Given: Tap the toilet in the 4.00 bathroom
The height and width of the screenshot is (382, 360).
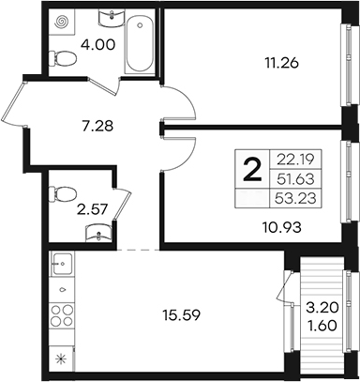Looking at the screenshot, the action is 62,58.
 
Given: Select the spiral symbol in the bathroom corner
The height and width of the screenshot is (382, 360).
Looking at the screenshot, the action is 61,22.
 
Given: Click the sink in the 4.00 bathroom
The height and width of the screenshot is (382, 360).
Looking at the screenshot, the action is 112,17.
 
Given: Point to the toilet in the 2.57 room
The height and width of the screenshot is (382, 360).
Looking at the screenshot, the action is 62,193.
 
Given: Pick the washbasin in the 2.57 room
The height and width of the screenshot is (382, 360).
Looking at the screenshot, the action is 98,233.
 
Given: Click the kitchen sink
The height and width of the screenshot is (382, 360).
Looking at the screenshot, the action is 62,264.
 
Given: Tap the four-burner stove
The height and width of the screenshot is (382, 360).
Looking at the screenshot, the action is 62,315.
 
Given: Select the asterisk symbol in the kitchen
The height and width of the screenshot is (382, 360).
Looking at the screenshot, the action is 59,359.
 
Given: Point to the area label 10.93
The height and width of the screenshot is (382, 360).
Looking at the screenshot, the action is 281,227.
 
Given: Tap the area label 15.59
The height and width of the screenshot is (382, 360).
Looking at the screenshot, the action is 181,315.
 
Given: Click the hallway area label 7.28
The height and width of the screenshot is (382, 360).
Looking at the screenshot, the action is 96,127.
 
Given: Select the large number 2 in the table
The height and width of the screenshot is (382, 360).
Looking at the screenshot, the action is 252,170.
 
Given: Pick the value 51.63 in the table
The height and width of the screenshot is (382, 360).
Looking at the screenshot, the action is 295,179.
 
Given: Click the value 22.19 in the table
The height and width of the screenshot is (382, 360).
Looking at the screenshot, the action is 295,160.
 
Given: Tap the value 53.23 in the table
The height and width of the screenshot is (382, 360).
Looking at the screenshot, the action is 295,198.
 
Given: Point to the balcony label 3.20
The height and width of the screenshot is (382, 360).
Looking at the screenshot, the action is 322,309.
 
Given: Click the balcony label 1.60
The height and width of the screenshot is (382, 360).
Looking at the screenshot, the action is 322,326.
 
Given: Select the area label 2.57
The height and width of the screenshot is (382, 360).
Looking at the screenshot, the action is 93,209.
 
